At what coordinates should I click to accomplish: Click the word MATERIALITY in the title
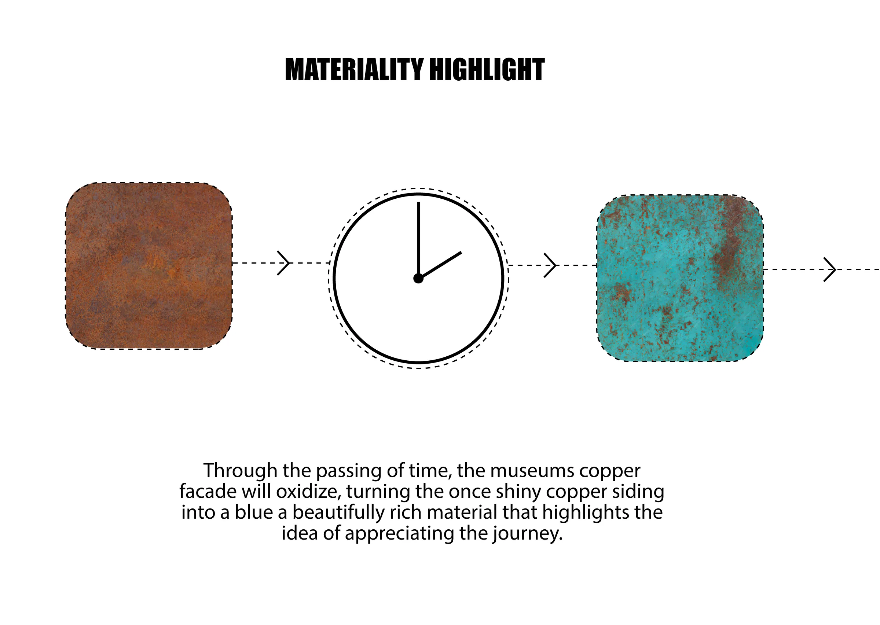pos(354,70)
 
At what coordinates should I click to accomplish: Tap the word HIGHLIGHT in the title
pos(487,70)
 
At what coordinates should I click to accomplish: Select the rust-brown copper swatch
pos(148,266)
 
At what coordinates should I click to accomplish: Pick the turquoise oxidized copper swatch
pos(680,278)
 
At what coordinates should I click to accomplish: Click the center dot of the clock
pos(418,278)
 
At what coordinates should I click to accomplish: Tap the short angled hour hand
pos(440,265)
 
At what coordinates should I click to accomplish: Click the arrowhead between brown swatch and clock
pos(283,263)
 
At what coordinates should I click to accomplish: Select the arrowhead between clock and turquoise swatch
pos(550,265)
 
